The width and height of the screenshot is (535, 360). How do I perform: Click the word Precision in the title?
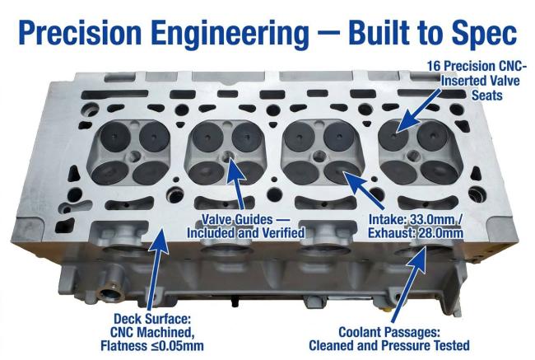click(80, 33)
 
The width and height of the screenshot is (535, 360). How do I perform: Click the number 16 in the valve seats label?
click(435, 66)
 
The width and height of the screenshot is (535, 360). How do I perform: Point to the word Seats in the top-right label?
click(487, 96)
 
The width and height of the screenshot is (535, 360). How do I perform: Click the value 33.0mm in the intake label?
click(430, 220)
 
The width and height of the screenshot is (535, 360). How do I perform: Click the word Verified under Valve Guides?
click(281, 233)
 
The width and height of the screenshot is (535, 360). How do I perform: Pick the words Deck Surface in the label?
click(151, 319)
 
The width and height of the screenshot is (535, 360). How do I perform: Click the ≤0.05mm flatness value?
click(177, 346)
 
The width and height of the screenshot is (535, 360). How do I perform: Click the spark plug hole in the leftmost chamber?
click(134, 156)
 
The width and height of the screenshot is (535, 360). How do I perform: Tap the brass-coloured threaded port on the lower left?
click(110, 293)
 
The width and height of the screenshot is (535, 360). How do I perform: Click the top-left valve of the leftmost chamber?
click(115, 137)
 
